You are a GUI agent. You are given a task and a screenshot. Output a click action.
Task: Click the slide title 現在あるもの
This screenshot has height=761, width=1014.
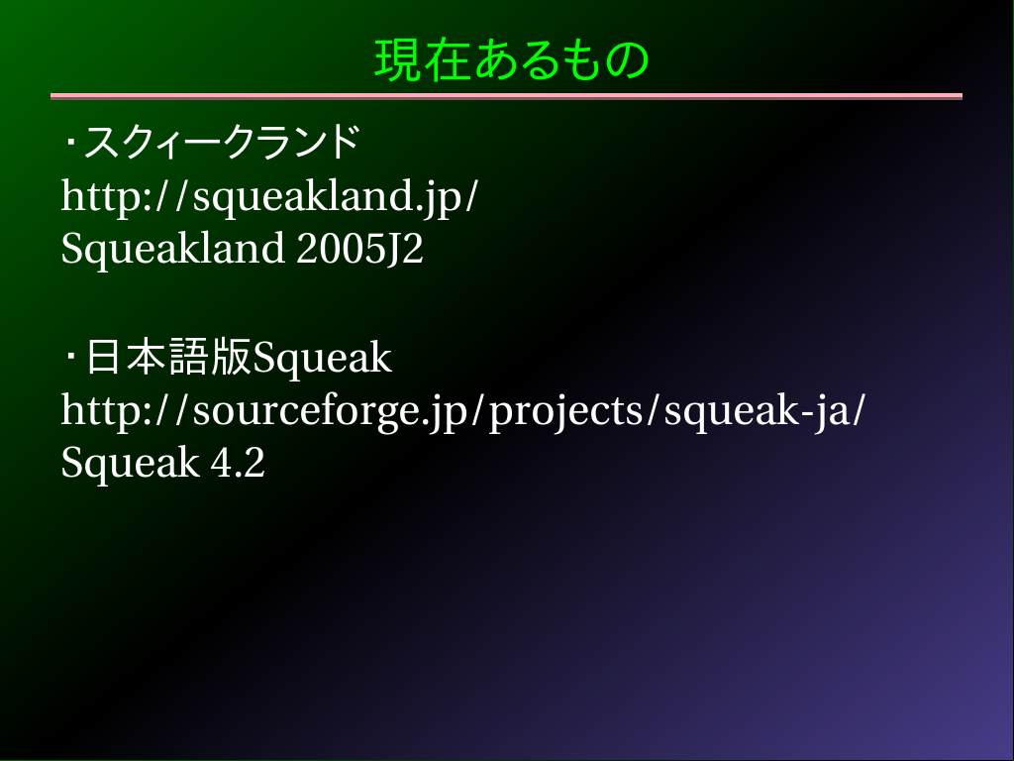tap(512, 59)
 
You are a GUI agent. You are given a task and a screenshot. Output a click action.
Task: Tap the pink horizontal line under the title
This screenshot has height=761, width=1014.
tap(506, 96)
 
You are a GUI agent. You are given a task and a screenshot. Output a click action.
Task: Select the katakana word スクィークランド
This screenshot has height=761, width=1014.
tap(222, 142)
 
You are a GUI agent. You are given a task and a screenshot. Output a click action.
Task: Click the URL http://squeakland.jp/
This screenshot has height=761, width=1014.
tap(269, 197)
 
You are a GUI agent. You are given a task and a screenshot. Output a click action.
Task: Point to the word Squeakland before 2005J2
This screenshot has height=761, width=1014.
tap(172, 249)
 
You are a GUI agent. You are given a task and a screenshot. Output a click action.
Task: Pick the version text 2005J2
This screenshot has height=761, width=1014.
tap(359, 249)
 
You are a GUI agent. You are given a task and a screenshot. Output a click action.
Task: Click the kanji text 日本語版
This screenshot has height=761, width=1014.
tap(168, 357)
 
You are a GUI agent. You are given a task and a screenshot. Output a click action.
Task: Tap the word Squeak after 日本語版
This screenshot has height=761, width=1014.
tap(322, 358)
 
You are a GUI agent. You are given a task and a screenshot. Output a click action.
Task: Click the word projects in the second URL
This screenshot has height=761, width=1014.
tap(565, 411)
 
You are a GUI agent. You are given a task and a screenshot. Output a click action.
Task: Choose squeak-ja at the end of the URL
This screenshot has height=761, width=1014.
tap(758, 411)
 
